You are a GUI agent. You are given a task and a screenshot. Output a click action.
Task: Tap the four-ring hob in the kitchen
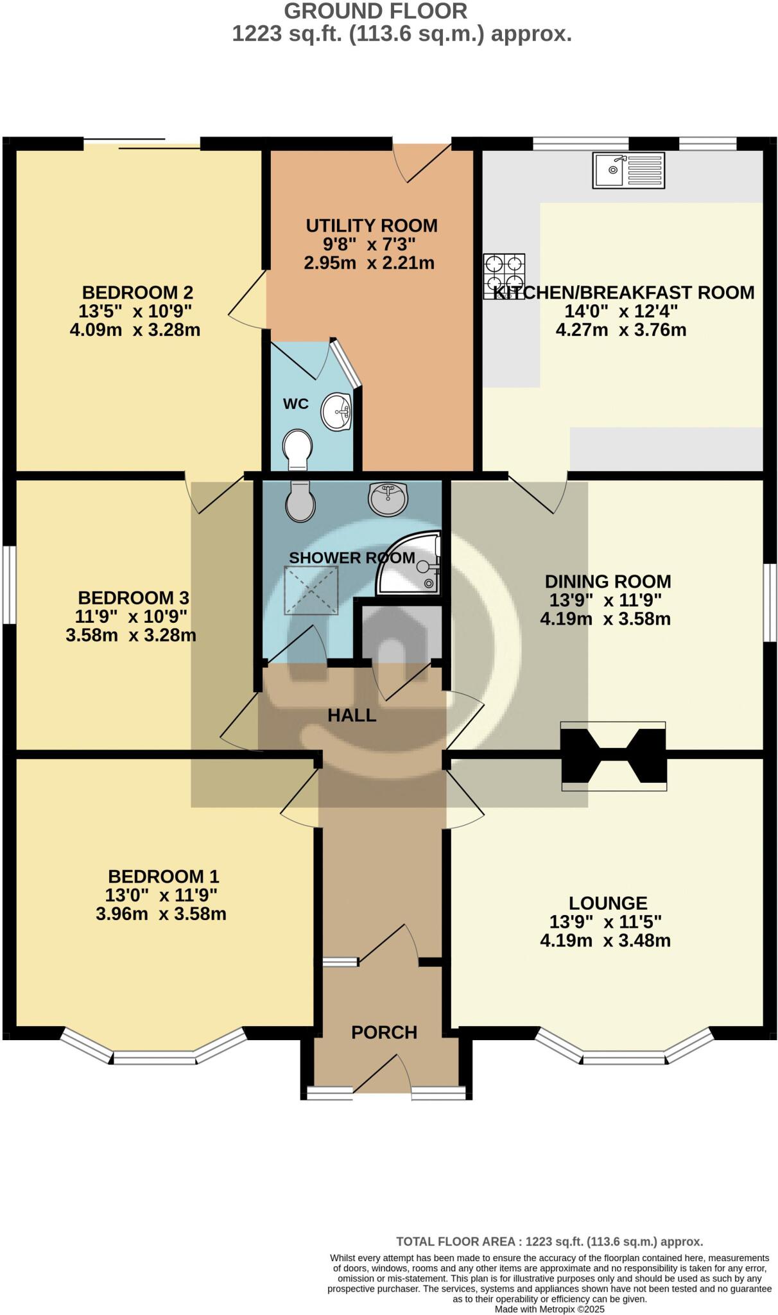tap(504, 274)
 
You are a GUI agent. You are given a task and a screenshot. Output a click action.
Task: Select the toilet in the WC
tap(297, 448)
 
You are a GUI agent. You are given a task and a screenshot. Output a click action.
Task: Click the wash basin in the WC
tap(336, 412)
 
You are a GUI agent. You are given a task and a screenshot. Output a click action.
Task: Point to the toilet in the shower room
tap(300, 501)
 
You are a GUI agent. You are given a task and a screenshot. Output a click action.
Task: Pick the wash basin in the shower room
tap(388, 498)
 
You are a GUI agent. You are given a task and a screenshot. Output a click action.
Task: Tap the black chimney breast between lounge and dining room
tap(613, 756)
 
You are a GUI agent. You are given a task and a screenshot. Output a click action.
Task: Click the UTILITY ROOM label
tap(372, 226)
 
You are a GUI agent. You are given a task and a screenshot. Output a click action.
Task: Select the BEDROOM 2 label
tap(137, 293)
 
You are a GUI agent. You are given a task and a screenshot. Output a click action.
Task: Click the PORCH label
tap(384, 1032)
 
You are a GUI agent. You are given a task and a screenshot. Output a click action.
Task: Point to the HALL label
tap(352, 715)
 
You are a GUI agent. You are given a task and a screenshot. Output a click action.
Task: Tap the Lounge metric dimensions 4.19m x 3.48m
tap(605, 941)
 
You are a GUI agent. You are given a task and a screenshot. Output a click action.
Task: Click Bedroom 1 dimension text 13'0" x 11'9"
tap(161, 895)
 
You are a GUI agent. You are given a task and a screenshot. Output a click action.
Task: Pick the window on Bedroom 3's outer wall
tap(8, 584)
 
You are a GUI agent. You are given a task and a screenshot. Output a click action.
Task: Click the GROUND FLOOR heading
tap(376, 11)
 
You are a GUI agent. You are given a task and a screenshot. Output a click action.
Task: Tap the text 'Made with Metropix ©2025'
tap(549, 1309)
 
